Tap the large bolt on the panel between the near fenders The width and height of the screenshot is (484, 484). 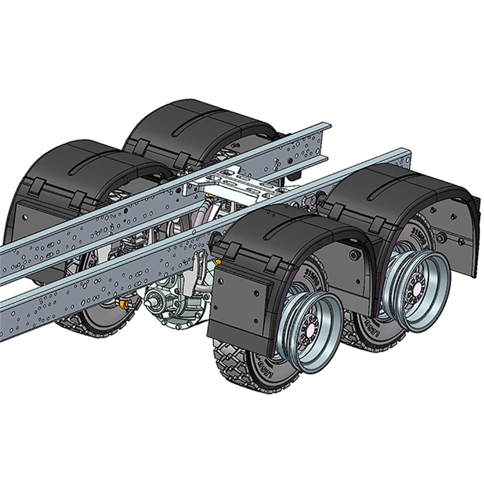point(356,256)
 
